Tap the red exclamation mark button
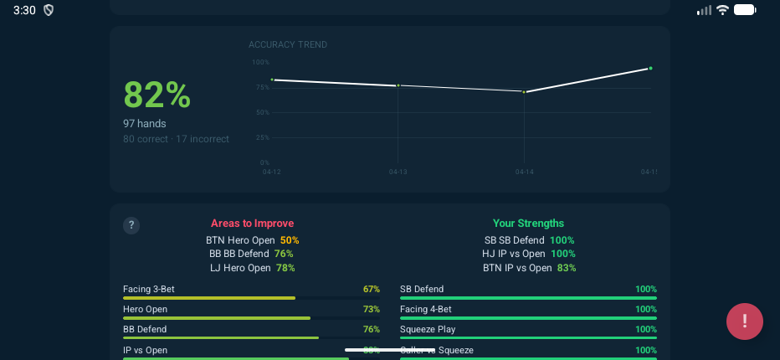point(744,321)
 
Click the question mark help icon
point(131,225)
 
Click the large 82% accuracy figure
point(157,95)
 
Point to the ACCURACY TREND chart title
point(288,45)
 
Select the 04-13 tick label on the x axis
point(398,172)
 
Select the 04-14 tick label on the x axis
point(524,172)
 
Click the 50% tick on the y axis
point(262,112)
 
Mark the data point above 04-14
point(524,91)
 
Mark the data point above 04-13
point(398,85)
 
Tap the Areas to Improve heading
point(252,224)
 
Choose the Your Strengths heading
point(528,224)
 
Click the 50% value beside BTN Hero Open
point(290,240)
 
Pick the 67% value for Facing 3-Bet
point(372,289)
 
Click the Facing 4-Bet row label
point(426,309)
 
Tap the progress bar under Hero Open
point(217,318)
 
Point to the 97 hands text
point(145,123)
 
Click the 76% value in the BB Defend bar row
point(372,329)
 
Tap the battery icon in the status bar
point(745,10)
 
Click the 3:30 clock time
point(24,10)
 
